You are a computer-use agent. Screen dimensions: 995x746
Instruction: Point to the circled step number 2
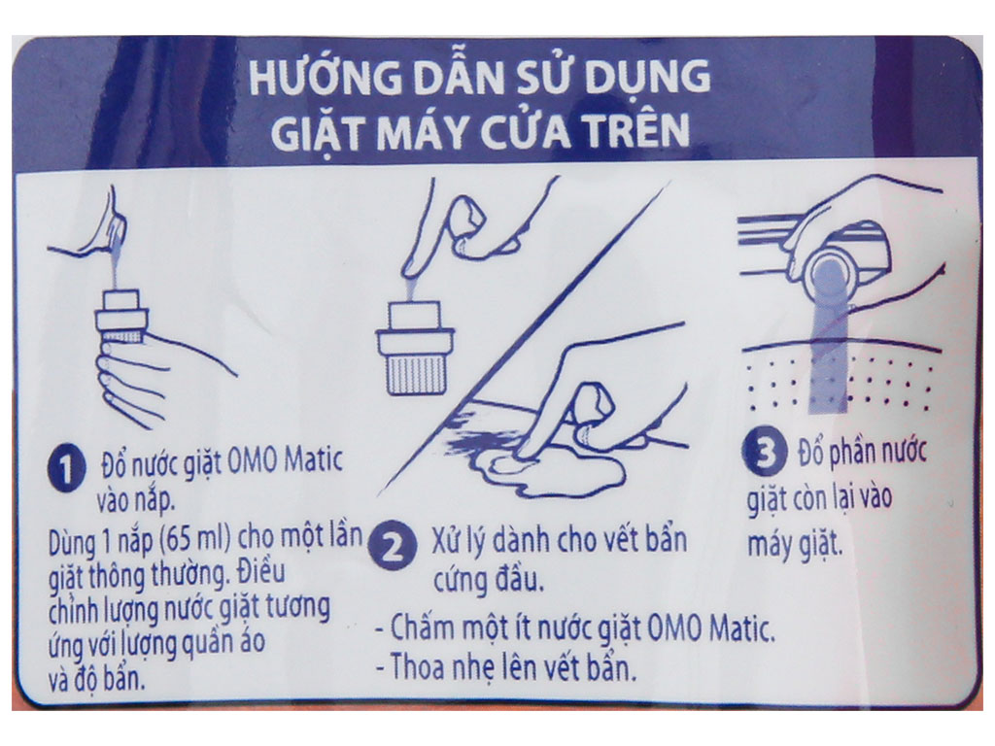pyautogui.click(x=394, y=547)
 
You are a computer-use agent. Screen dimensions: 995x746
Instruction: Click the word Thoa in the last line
pyautogui.click(x=417, y=667)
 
